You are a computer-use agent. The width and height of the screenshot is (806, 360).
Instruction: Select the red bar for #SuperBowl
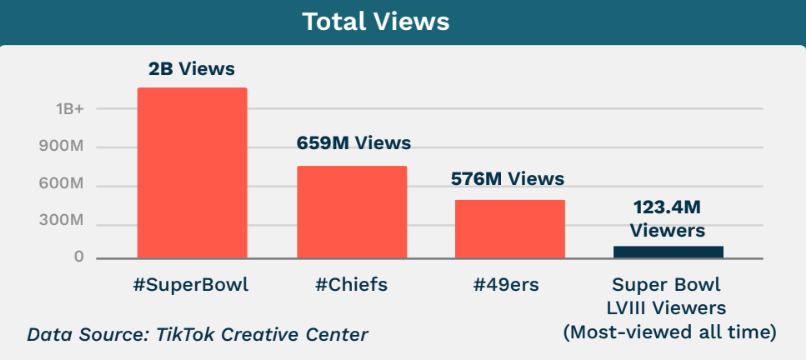pos(192,173)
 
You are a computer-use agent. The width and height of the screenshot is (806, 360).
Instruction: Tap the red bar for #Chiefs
pos(352,212)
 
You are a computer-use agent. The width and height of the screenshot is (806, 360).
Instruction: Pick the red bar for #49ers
pos(510,229)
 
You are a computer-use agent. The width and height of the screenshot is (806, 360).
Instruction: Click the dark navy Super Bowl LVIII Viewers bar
pos(668,252)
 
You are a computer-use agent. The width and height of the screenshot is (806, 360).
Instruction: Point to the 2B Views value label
pos(192,71)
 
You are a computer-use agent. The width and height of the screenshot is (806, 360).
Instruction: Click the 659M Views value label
pos(353,143)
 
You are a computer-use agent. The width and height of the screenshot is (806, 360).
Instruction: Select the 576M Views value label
pos(507,179)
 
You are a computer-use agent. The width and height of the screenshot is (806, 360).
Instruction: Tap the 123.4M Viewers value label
pos(667,219)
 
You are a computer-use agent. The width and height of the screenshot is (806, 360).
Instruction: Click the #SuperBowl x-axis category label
pos(191,285)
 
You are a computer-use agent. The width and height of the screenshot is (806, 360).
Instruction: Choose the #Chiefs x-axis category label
pos(351,285)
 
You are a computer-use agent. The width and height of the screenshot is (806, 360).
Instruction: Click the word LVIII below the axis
pos(640,308)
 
